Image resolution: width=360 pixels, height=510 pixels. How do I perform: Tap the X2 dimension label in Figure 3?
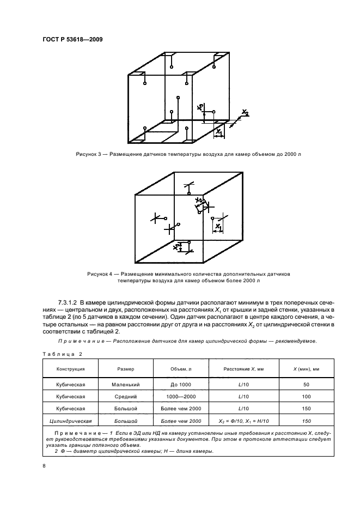click(x=245, y=113)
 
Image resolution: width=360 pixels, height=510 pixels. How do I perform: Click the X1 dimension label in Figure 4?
click(x=218, y=226)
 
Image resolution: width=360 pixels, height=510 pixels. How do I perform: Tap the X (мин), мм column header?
click(x=307, y=369)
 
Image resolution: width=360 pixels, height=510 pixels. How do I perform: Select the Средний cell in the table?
click(x=125, y=397)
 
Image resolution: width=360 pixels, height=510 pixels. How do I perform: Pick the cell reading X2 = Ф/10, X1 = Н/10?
click(x=243, y=421)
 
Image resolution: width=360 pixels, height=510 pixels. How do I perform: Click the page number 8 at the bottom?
click(x=44, y=466)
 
